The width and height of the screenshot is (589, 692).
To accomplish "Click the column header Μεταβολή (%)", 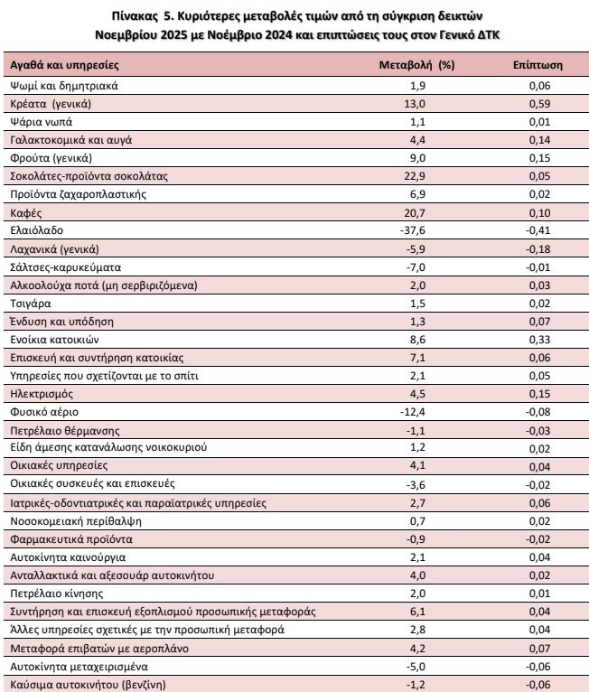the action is pyautogui.click(x=416, y=65).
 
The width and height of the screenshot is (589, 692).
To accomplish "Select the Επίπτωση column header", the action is pyautogui.click(x=538, y=65).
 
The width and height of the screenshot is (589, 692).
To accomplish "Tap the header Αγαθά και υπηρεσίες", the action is pyautogui.click(x=64, y=65).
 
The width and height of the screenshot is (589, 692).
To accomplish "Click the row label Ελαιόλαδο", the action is pyautogui.click(x=37, y=230).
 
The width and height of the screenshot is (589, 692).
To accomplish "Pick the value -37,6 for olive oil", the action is pyautogui.click(x=413, y=230).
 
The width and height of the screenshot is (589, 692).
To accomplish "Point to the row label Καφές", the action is pyautogui.click(x=26, y=213).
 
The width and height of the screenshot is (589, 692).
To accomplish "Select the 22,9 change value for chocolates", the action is pyautogui.click(x=415, y=176).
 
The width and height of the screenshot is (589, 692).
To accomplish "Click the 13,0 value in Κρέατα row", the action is pyautogui.click(x=415, y=104).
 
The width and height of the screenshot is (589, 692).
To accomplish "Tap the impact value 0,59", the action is pyautogui.click(x=539, y=104).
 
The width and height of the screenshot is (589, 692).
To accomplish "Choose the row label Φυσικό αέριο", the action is pyautogui.click(x=44, y=412).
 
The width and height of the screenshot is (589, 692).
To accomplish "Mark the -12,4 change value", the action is pyautogui.click(x=413, y=412).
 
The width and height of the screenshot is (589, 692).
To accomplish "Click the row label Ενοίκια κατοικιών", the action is pyautogui.click(x=54, y=340).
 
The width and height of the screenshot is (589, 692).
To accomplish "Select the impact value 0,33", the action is pyautogui.click(x=539, y=340).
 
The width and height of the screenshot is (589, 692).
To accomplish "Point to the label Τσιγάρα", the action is pyautogui.click(x=31, y=304).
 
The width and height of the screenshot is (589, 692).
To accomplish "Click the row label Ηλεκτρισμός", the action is pyautogui.click(x=42, y=394).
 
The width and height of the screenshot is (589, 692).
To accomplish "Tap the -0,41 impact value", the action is pyautogui.click(x=538, y=230).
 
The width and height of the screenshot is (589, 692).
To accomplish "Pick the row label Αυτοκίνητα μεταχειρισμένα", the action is pyautogui.click(x=79, y=667).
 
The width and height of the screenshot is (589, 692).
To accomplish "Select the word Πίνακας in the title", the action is pyautogui.click(x=134, y=16).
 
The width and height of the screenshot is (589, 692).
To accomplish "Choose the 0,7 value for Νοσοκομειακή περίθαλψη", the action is pyautogui.click(x=417, y=521).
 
